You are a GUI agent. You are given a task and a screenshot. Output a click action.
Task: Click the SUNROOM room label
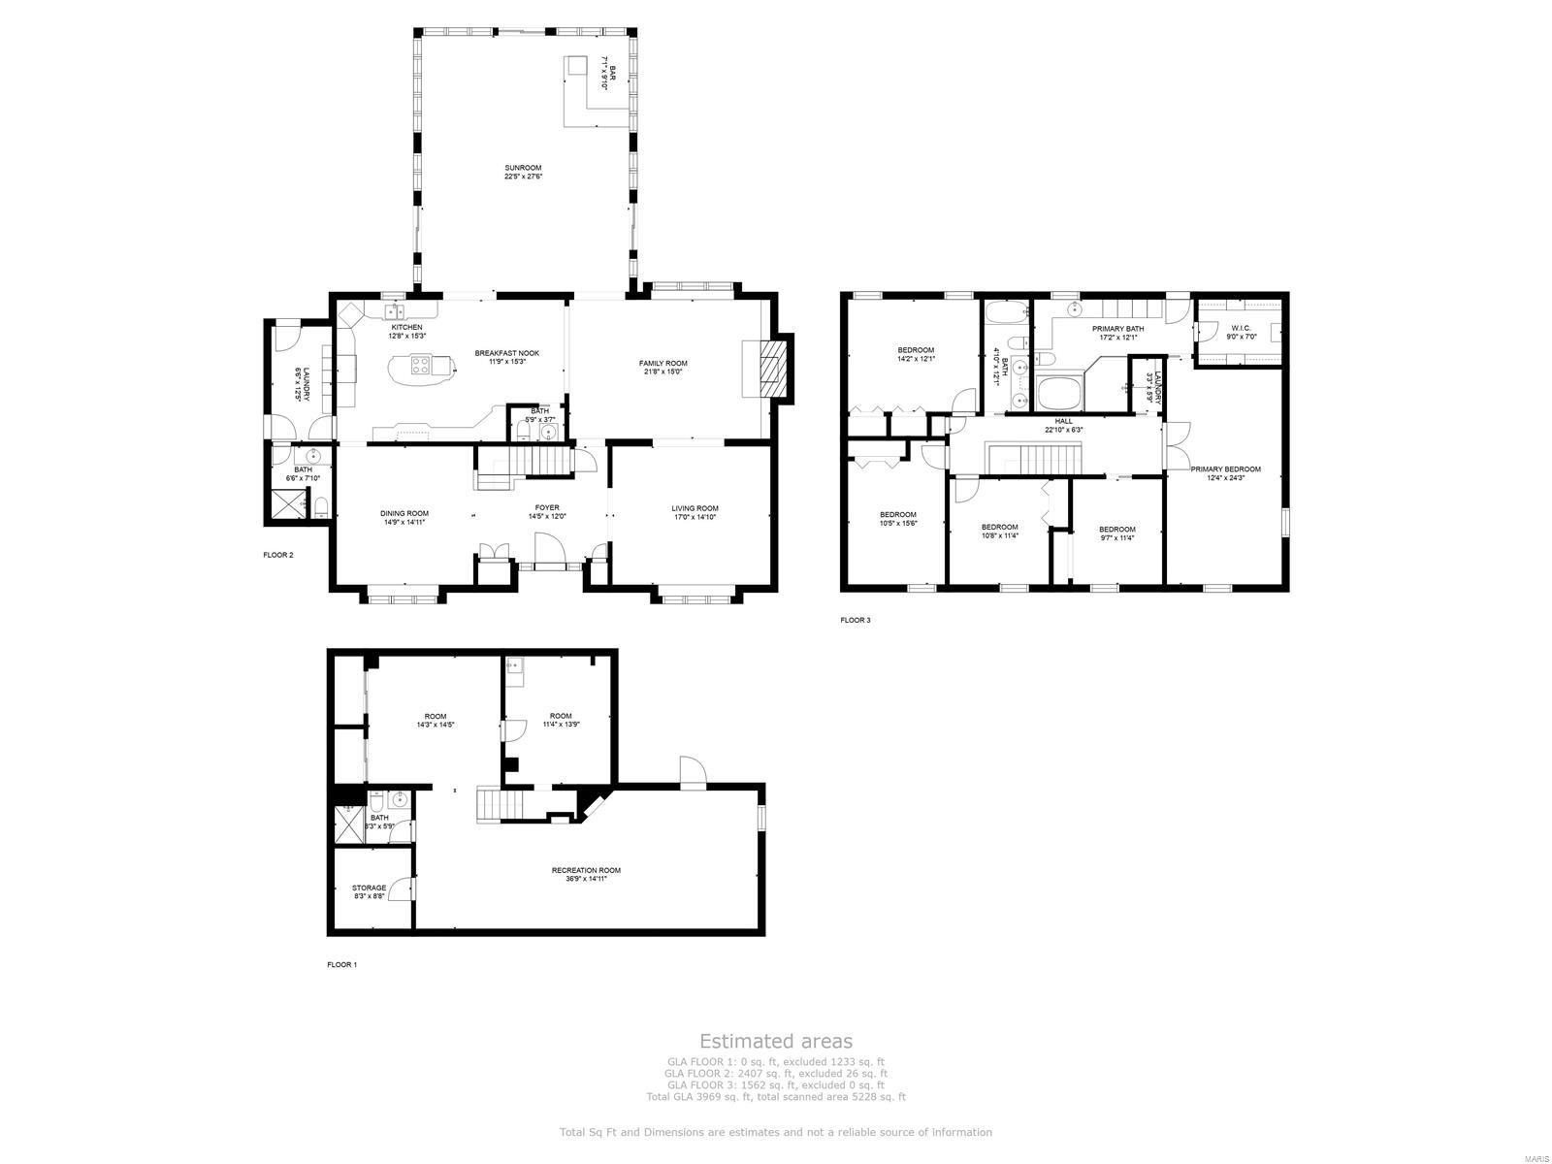click(x=522, y=168)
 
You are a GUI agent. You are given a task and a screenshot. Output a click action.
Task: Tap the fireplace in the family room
click(x=768, y=369)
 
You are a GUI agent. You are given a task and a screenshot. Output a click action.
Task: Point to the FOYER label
click(x=547, y=507)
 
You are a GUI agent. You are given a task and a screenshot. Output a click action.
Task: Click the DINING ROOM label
click(x=404, y=513)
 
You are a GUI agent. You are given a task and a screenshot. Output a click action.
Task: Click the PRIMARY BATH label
click(x=1117, y=329)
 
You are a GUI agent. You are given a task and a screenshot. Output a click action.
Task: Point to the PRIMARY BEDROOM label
click(x=1226, y=469)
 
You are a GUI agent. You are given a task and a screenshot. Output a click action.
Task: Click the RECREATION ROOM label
click(x=586, y=870)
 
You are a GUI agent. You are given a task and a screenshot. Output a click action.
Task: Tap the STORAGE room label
click(x=369, y=887)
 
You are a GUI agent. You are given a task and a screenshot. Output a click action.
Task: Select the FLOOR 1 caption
click(x=341, y=965)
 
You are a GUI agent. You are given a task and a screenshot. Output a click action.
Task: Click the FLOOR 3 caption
click(x=855, y=620)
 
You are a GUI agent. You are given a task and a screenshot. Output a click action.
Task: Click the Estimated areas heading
click(x=776, y=1041)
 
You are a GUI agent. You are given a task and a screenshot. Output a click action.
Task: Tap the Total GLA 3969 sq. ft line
click(x=776, y=1097)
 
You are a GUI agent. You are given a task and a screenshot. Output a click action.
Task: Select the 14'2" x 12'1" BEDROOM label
click(x=916, y=350)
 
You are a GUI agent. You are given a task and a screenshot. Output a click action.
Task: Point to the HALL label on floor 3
click(x=1063, y=421)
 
